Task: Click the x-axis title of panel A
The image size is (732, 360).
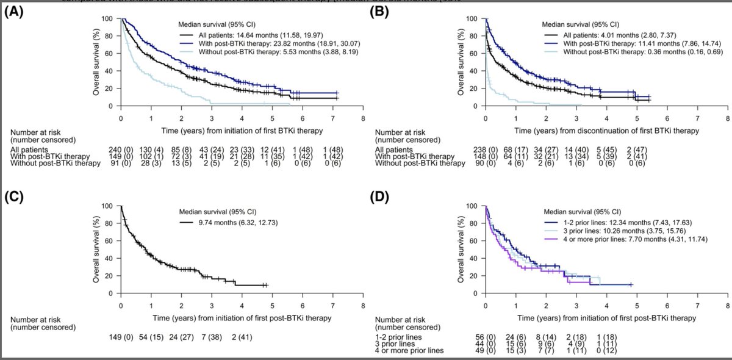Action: (242, 130)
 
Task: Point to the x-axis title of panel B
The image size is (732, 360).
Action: (606, 130)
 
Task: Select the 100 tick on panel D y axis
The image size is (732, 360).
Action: (472, 206)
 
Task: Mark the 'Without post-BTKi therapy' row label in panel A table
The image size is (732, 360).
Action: (60, 164)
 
